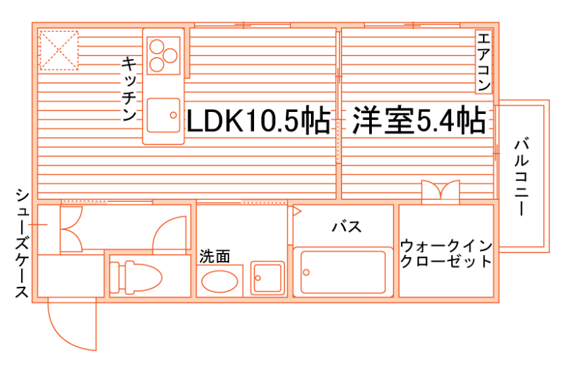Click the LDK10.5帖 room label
257,121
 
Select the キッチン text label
129,89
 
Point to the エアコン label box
483,62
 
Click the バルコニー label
521,177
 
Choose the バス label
345,227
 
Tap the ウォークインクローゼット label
446,252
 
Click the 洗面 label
214,256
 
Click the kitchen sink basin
163,116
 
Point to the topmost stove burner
157,47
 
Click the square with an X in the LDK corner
58,50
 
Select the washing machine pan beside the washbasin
267,278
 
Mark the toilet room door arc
169,234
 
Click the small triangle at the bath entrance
296,211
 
